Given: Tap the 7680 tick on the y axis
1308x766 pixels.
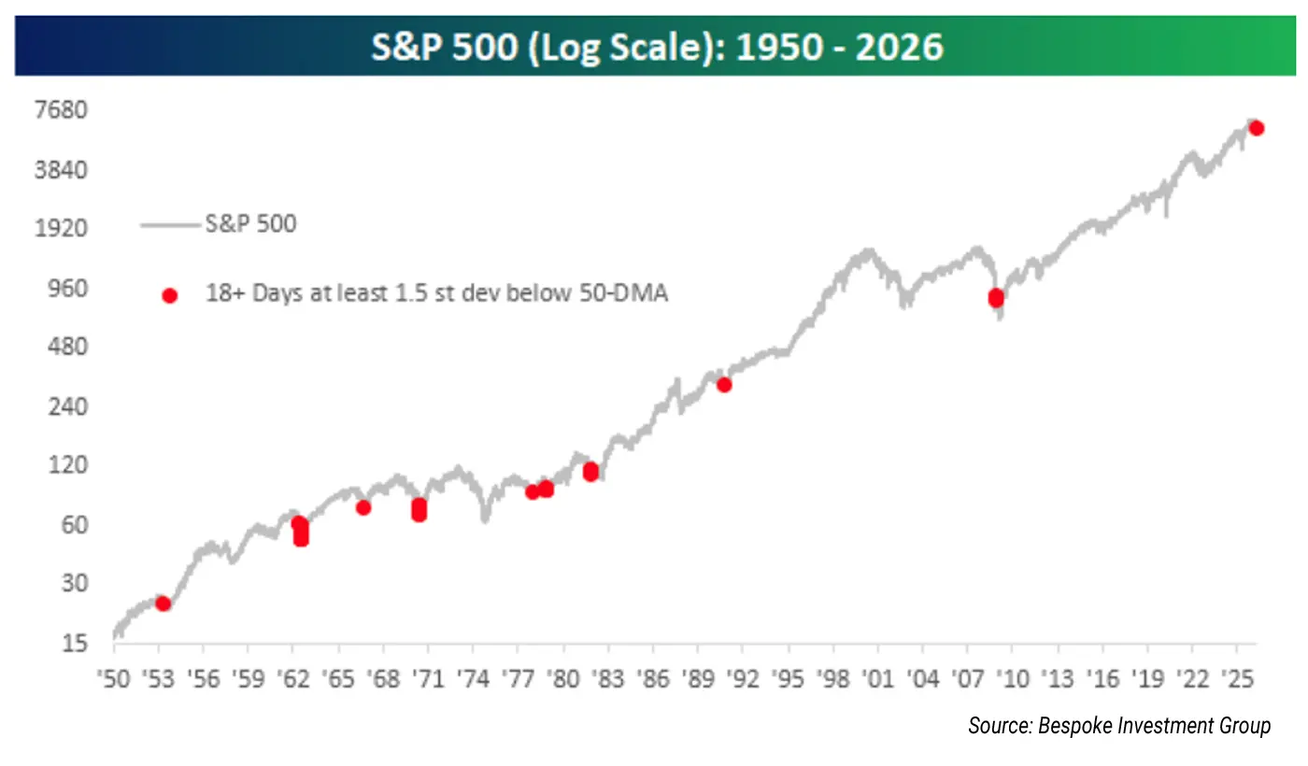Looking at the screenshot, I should pos(60,110).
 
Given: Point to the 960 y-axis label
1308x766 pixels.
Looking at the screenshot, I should pos(67,288).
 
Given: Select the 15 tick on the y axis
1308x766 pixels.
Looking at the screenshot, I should pos(74,644).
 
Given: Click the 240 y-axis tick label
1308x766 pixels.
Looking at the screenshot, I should pos(67,407).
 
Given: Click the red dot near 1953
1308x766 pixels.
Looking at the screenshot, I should pos(163,603).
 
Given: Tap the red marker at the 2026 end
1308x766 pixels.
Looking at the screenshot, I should pos(1257,128).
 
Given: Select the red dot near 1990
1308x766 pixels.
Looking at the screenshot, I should pos(723,384).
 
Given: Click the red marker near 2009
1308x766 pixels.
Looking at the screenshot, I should pos(996,298).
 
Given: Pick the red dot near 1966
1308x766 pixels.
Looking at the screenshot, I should pos(363,507).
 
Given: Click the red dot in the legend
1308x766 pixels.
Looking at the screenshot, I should pos(169,295).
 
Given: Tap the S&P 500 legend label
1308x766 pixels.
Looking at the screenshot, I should pos(250,224).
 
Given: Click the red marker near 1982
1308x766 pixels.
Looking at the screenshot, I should pos(590,473).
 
